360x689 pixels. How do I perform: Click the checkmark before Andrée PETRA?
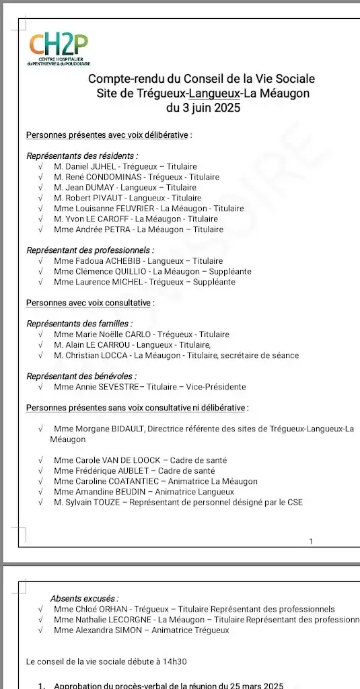41,229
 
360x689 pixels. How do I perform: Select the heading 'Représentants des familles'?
78,324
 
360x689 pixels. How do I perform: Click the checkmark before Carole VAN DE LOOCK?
41,460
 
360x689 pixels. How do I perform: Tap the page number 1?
310,542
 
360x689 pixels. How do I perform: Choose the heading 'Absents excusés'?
84,598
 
